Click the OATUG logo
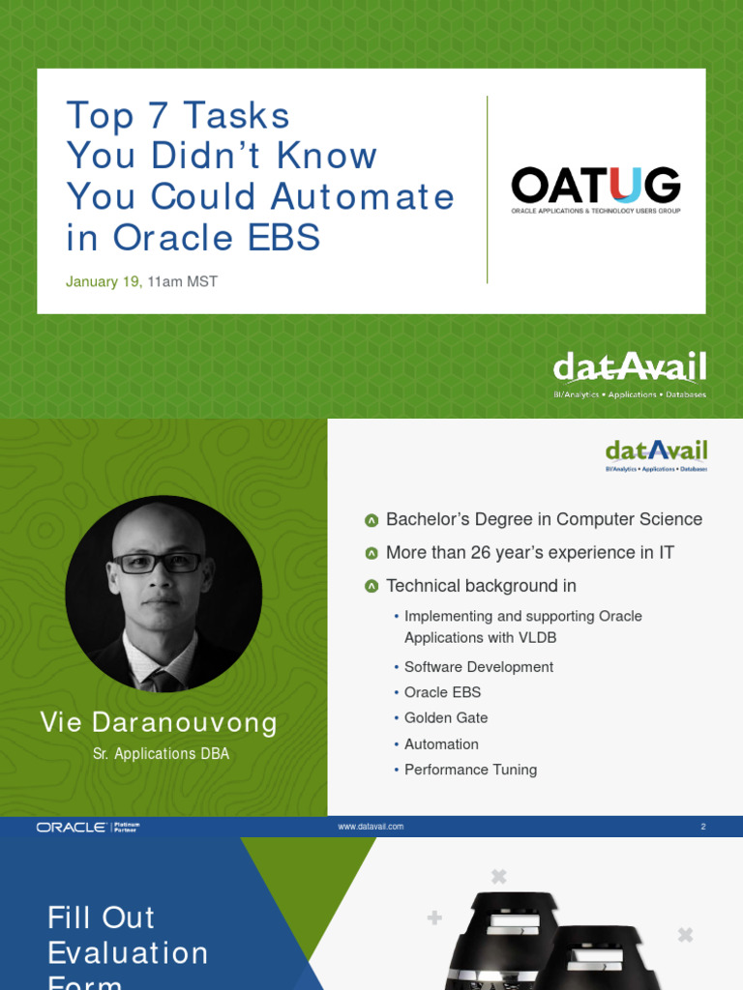click(x=595, y=189)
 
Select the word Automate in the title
click(x=362, y=197)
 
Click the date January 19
click(x=104, y=282)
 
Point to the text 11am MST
click(x=183, y=282)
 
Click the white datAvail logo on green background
click(x=629, y=374)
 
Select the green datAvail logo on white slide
click(x=656, y=454)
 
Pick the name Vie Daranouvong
click(x=159, y=722)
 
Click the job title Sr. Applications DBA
click(x=162, y=754)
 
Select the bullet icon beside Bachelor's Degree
click(x=371, y=520)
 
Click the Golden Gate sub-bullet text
click(x=446, y=718)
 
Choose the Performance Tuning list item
click(x=470, y=770)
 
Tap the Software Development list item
click(x=479, y=667)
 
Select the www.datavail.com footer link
click(x=371, y=827)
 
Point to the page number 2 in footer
click(x=703, y=827)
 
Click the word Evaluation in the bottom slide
click(x=128, y=953)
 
